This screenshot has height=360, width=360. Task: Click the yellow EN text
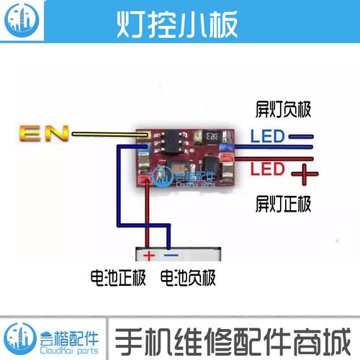click(44, 133)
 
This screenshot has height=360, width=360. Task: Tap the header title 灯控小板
click(177, 24)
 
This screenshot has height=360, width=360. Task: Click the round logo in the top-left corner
click(22, 20)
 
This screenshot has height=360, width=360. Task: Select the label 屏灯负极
click(283, 109)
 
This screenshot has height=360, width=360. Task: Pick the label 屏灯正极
click(283, 204)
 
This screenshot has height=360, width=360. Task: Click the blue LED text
click(268, 136)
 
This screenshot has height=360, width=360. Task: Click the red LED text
click(268, 168)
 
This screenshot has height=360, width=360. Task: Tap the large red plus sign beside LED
click(305, 174)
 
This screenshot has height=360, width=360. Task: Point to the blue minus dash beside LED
click(301, 137)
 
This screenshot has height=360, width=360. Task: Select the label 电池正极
click(118, 278)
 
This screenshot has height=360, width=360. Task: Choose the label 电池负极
click(188, 278)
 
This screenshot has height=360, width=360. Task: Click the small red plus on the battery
click(149, 256)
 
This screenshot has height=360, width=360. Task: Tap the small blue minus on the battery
click(171, 255)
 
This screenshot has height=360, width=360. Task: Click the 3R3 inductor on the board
click(212, 137)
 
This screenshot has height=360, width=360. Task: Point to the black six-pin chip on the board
click(172, 142)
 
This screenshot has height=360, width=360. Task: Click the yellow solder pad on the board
click(144, 135)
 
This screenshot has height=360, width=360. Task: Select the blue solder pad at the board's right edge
click(226, 148)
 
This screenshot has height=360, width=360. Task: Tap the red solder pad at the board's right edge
click(227, 158)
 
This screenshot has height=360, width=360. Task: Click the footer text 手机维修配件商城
click(233, 341)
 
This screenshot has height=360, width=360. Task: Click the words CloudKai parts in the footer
click(69, 351)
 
